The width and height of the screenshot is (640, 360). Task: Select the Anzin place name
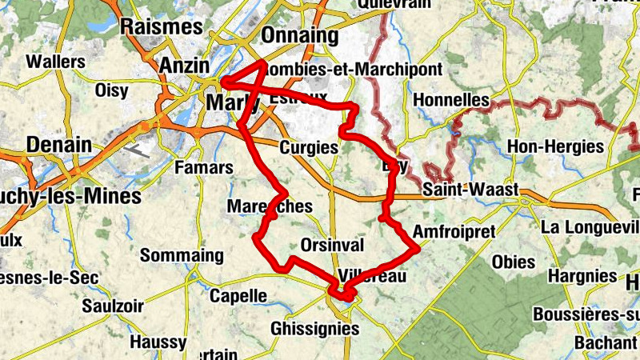coord(184,66)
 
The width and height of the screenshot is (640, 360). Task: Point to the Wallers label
coord(56,62)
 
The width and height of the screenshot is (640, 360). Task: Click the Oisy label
coord(111,90)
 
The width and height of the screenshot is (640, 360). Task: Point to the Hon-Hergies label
coord(555,147)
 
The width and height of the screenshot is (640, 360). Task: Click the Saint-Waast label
coord(470,190)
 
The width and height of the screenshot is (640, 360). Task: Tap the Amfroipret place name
coord(454,231)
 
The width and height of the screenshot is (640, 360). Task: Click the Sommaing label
coord(182,256)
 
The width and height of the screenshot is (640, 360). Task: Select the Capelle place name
coord(238,296)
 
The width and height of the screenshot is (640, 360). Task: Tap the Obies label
coord(514,262)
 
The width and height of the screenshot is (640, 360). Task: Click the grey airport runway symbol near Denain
coord(138,148)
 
